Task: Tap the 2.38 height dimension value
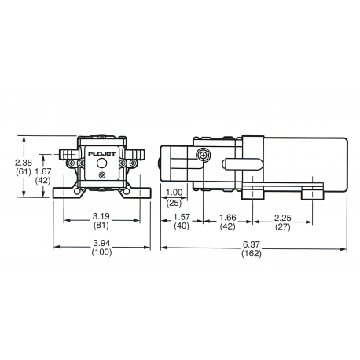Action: (24, 163)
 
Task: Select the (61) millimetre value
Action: (24, 171)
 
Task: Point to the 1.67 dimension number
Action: (44, 170)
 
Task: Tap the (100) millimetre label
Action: (101, 253)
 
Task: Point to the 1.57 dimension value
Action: (181, 217)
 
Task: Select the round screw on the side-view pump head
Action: (204, 156)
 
